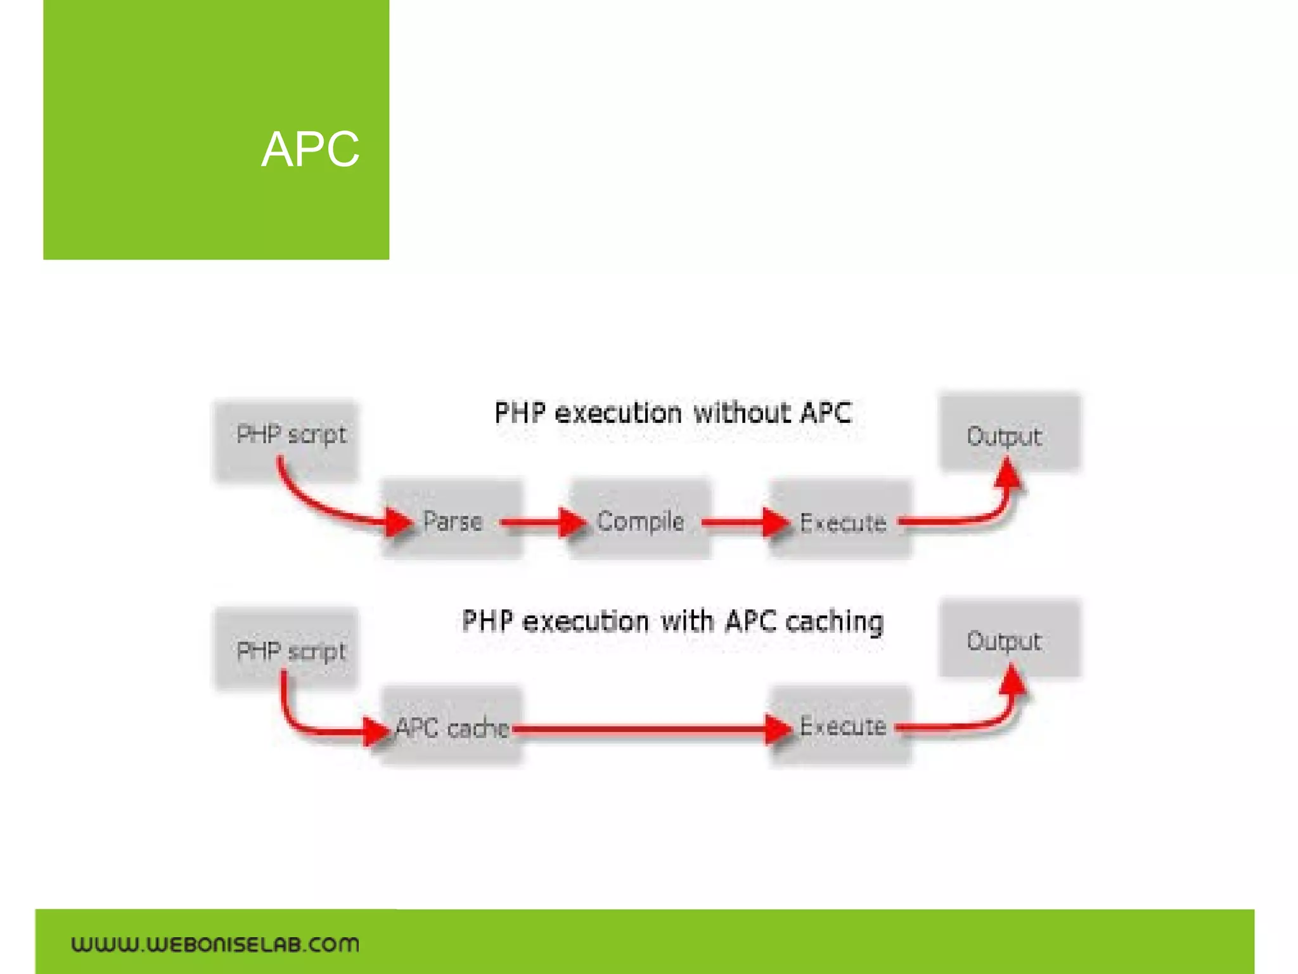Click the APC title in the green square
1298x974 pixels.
(310, 150)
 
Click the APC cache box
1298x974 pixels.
(451, 727)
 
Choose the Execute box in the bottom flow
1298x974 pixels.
(842, 725)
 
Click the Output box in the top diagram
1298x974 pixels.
(1009, 434)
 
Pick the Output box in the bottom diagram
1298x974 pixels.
(1009, 639)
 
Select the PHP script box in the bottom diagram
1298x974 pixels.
(287, 648)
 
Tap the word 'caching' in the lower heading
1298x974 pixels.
(834, 621)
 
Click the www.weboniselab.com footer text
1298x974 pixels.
(215, 944)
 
